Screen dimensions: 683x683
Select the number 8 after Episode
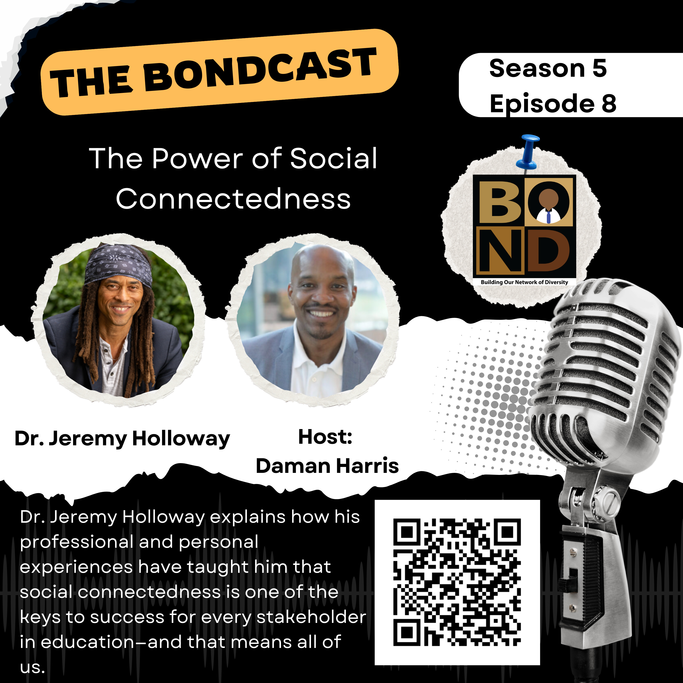[609, 104]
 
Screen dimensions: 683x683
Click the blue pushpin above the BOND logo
[528, 152]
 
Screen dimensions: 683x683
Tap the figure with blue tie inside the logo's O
[548, 206]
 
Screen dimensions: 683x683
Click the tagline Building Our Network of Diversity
[524, 282]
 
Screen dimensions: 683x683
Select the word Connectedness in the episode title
[233, 199]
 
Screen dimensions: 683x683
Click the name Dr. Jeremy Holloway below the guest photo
[122, 439]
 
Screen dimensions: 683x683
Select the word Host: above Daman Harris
[325, 437]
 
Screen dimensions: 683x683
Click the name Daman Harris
[327, 466]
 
